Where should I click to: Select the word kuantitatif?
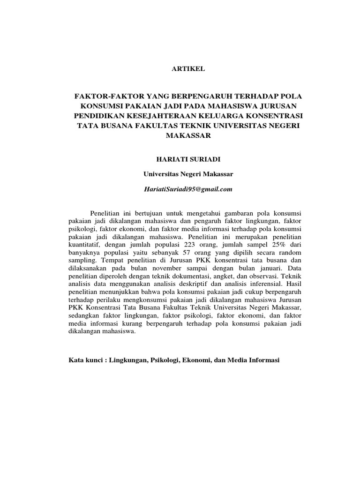coord(85,245)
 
